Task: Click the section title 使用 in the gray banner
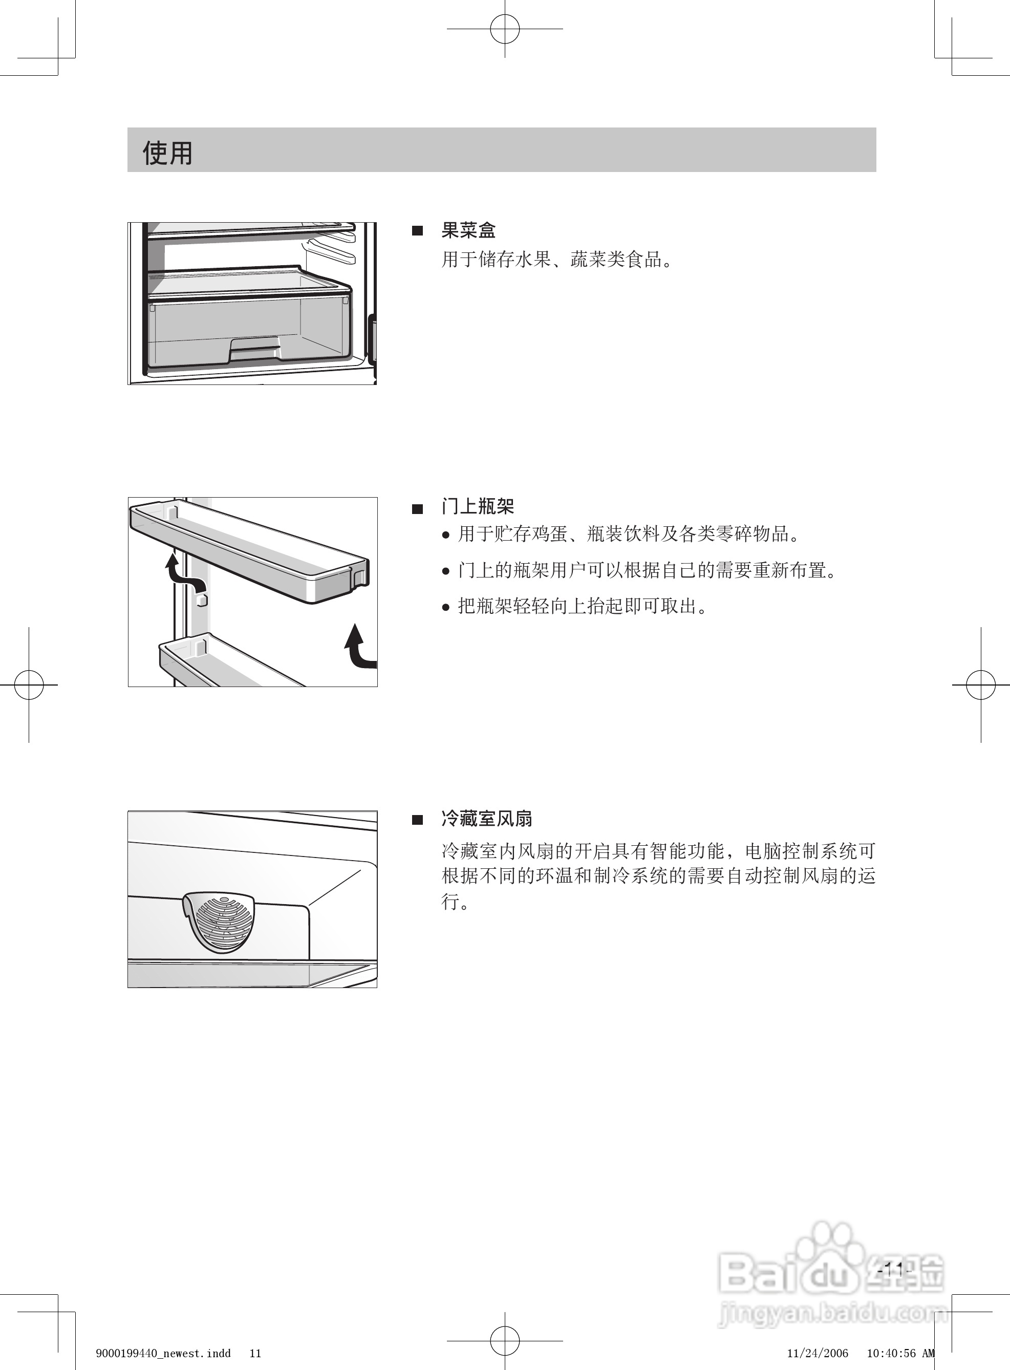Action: (167, 153)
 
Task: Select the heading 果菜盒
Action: (468, 230)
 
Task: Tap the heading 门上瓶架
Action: (478, 506)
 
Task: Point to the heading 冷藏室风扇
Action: (487, 819)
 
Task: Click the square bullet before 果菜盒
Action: (418, 231)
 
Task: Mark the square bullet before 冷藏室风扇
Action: (418, 820)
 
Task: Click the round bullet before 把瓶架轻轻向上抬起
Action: (446, 607)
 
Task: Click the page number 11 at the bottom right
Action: (893, 1270)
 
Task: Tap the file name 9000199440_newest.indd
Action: (163, 1353)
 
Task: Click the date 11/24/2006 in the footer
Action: (818, 1353)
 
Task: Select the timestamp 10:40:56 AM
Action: (900, 1353)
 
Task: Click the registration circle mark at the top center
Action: (504, 29)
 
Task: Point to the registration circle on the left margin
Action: (29, 684)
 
